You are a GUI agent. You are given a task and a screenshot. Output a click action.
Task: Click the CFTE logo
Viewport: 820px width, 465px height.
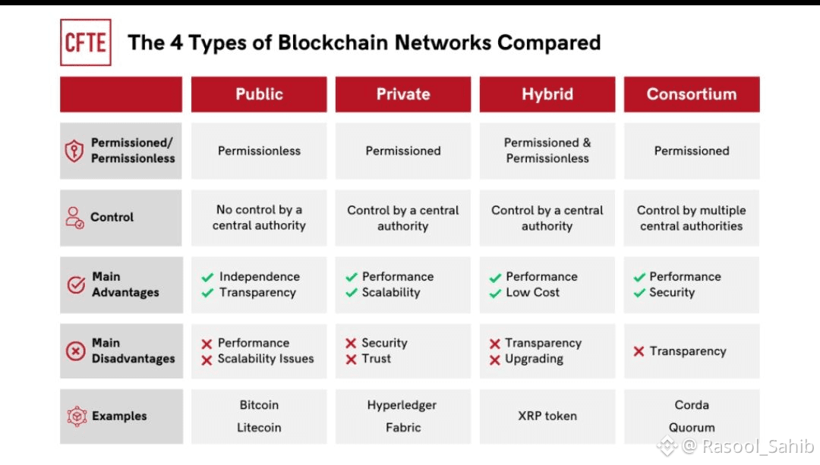[x=85, y=42]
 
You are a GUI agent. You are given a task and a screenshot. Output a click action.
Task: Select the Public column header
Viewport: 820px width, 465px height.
[x=259, y=95]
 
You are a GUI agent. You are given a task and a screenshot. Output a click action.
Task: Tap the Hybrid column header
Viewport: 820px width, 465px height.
[x=547, y=95]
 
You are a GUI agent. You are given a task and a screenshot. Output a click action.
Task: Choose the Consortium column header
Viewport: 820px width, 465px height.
[x=691, y=95]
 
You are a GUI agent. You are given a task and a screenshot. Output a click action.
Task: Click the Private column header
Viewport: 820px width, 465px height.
[x=403, y=95]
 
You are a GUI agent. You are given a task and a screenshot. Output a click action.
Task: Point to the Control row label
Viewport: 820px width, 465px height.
[x=112, y=217]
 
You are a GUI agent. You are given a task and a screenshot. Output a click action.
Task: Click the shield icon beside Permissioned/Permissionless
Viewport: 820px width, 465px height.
[x=74, y=151]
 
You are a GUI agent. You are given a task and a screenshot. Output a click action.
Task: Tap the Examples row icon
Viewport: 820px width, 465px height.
[x=76, y=416]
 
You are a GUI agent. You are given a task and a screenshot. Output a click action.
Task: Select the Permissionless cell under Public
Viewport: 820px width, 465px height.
[x=259, y=151]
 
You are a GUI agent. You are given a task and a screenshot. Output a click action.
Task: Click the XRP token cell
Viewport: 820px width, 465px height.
[x=547, y=416]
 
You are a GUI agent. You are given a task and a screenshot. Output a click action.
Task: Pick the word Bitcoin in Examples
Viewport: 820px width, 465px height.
[x=259, y=405]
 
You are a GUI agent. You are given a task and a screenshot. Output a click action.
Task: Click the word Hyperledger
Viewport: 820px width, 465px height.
[x=402, y=405]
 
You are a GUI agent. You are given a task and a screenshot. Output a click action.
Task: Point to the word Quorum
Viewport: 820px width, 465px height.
[x=692, y=427]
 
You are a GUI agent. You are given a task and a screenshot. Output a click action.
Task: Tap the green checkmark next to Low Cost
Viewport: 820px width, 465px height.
[x=495, y=294]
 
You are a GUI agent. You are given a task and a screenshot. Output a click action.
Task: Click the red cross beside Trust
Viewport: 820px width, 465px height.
[x=351, y=360]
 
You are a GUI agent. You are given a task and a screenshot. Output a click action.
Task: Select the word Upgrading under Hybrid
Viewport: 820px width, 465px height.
[x=534, y=359]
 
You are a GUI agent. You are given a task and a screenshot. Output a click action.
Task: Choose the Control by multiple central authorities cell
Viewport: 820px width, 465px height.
[x=691, y=218]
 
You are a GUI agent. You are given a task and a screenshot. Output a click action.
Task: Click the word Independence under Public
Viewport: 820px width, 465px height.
[x=260, y=277]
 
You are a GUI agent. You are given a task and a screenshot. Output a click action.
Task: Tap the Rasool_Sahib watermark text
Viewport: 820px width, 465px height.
[x=758, y=446]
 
